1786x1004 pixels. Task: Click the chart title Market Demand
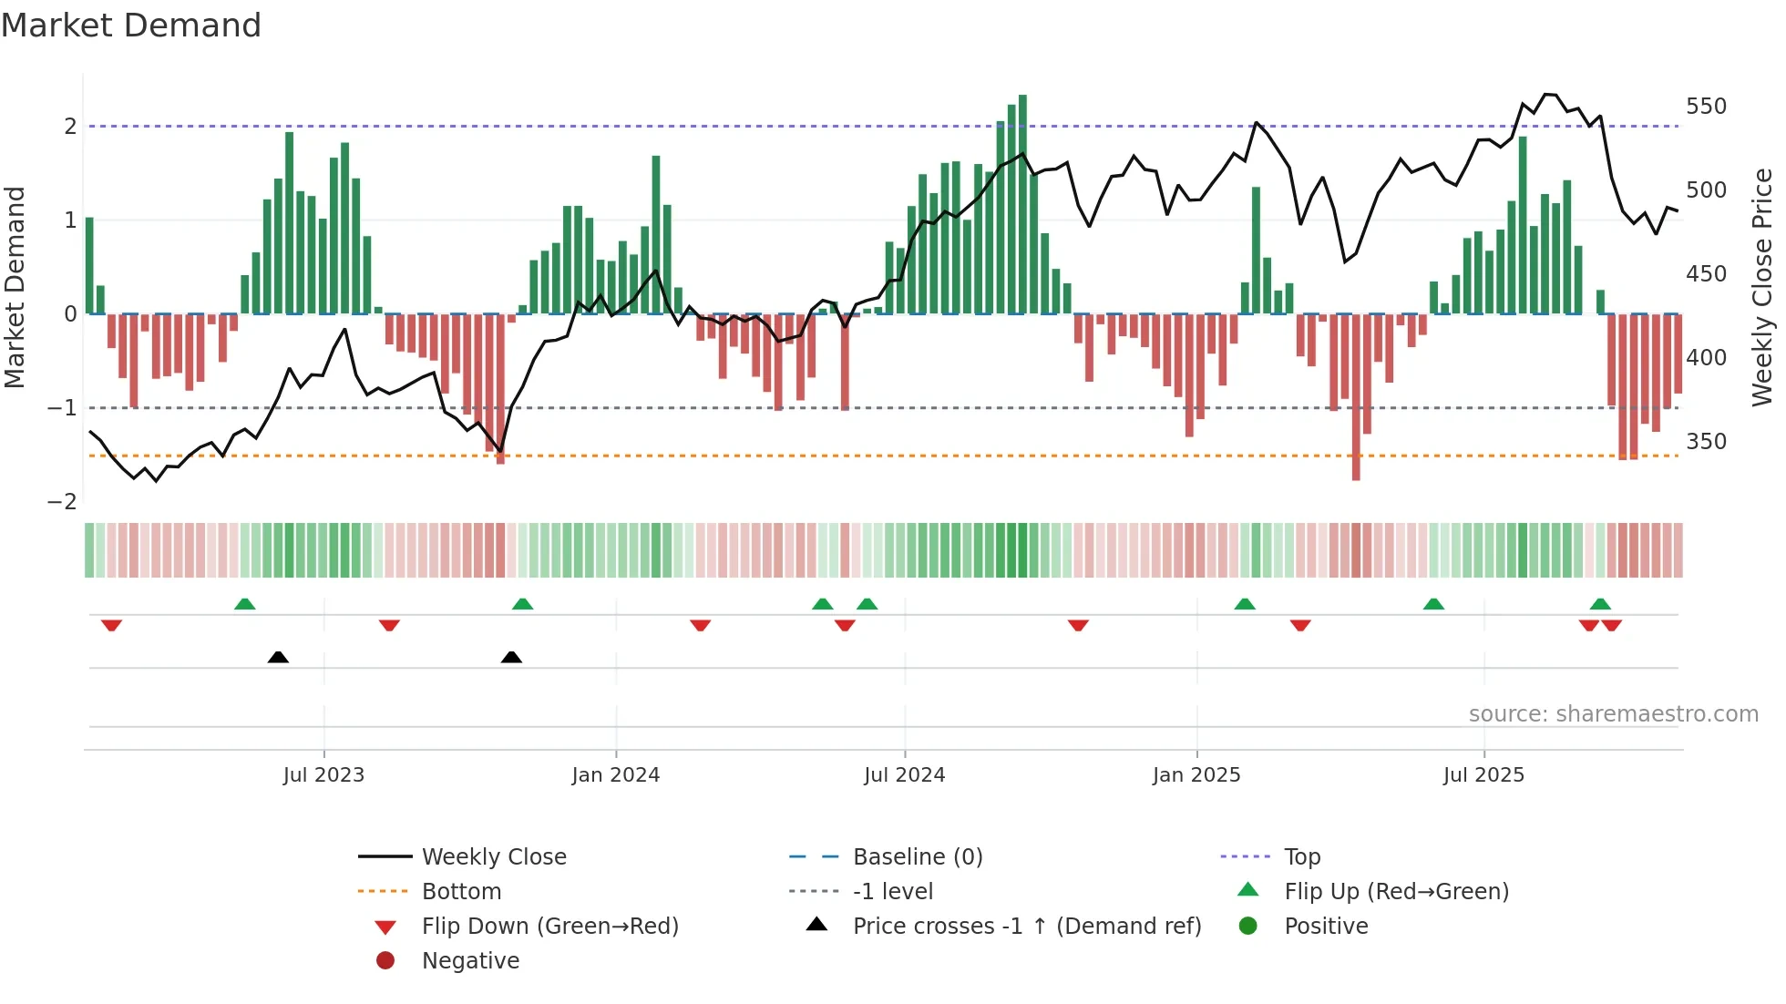click(x=131, y=26)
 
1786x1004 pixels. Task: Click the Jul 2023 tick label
click(x=323, y=775)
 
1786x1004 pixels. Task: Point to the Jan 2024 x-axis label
click(x=615, y=775)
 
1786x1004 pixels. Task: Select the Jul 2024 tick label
click(x=904, y=775)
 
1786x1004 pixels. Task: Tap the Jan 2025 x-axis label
click(x=1196, y=775)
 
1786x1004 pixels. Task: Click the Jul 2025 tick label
click(x=1483, y=775)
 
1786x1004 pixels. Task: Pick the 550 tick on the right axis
click(x=1706, y=107)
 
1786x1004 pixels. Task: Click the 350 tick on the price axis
click(x=1706, y=442)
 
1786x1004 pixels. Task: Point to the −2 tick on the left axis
click(x=62, y=502)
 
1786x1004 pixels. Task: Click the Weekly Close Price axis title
click(x=1762, y=287)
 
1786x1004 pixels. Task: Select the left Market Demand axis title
click(x=15, y=287)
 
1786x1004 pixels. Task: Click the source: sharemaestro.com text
click(x=1613, y=714)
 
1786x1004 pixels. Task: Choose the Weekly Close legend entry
click(x=493, y=857)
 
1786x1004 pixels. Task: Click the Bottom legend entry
click(x=461, y=892)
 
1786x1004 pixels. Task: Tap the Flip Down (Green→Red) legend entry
click(x=549, y=927)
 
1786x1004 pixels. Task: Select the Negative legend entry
click(x=470, y=961)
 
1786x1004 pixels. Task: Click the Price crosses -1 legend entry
click(x=1026, y=927)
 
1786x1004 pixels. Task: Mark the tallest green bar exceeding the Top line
click(x=1022, y=200)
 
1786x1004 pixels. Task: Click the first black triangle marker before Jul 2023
click(x=278, y=657)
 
